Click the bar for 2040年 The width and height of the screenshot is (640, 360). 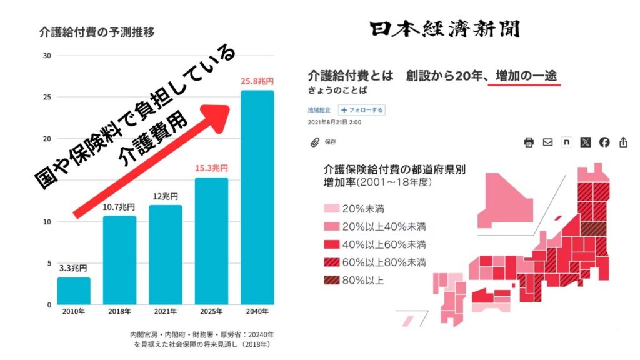pyautogui.click(x=257, y=197)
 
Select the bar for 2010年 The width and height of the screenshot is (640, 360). pyautogui.click(x=74, y=291)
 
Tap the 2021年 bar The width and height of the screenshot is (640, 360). pyautogui.click(x=165, y=254)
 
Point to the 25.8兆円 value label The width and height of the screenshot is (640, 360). pyautogui.click(x=257, y=81)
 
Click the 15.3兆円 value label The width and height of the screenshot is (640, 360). pyautogui.click(x=211, y=168)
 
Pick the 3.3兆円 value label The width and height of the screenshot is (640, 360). pyautogui.click(x=74, y=268)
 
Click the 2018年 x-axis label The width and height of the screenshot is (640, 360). pyautogui.click(x=119, y=312)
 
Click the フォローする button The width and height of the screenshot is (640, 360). pyautogui.click(x=362, y=110)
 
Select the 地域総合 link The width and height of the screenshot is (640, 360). pyautogui.click(x=319, y=110)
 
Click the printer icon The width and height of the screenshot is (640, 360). pyautogui.click(x=529, y=142)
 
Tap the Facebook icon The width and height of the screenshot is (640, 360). pyautogui.click(x=604, y=142)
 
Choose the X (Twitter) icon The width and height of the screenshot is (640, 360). pyautogui.click(x=585, y=142)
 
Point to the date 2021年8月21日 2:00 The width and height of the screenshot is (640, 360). pyautogui.click(x=334, y=122)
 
